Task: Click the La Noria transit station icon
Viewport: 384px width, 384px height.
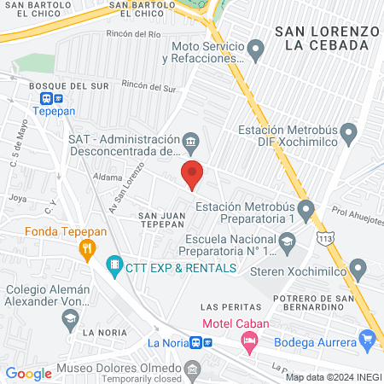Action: tap(197, 342)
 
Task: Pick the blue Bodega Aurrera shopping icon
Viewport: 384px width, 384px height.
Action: tap(368, 339)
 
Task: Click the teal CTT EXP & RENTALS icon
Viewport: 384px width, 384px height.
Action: tap(113, 268)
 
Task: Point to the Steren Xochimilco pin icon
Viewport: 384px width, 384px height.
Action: tap(358, 270)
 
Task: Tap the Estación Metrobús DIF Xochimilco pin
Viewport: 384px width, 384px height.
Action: tap(348, 132)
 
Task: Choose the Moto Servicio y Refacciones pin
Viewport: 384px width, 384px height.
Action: tap(254, 53)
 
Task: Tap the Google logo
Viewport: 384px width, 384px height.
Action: tap(29, 373)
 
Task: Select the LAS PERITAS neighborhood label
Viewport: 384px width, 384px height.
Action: tap(224, 305)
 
